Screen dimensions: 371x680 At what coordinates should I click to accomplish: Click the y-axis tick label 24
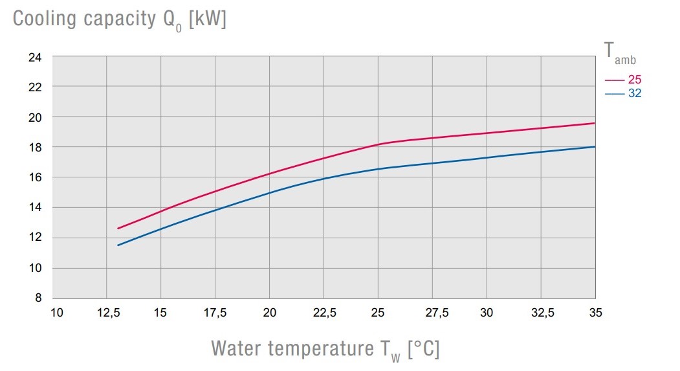[x=34, y=56]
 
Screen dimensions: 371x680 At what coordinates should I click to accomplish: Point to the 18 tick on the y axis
[x=34, y=147]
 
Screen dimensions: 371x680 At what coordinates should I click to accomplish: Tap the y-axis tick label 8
[x=37, y=298]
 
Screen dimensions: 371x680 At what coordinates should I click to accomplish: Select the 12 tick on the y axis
[x=34, y=238]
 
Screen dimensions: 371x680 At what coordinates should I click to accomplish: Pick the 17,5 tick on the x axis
[x=215, y=313]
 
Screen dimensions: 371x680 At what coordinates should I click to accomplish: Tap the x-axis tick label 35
[x=595, y=313]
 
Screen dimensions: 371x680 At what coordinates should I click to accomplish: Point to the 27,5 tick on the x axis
[x=433, y=313]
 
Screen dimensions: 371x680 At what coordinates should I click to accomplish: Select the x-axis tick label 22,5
[x=324, y=313]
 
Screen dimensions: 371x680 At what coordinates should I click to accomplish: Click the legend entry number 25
[x=634, y=80]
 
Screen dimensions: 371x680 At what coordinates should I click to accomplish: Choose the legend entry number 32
[x=634, y=93]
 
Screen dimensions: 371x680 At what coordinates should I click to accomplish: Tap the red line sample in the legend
[x=614, y=80]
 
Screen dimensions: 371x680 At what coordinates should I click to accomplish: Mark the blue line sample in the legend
[x=614, y=94]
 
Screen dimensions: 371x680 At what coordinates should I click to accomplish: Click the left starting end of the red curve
[x=118, y=229]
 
